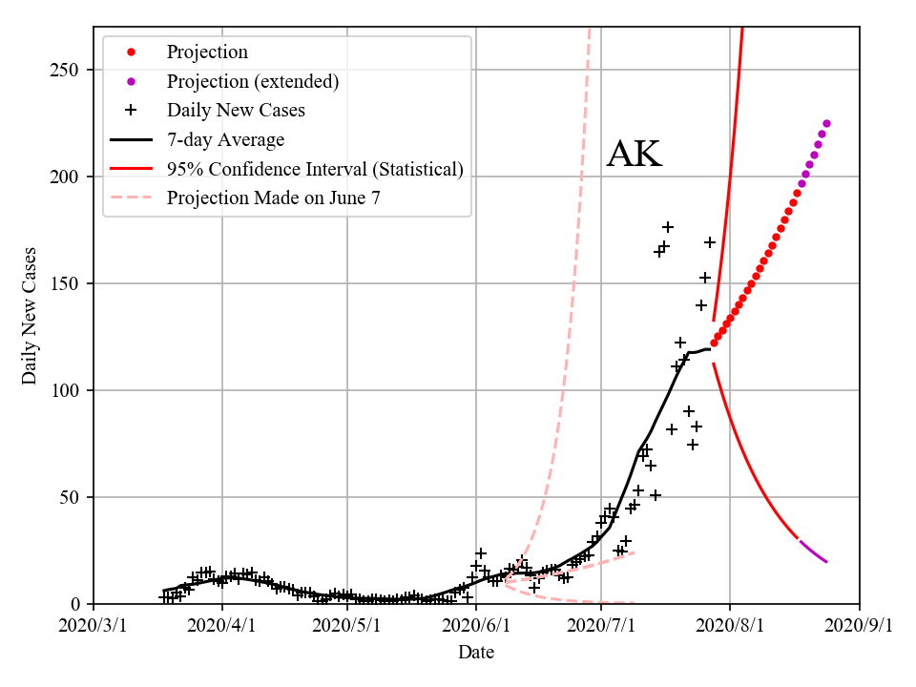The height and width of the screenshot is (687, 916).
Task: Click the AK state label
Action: click(634, 155)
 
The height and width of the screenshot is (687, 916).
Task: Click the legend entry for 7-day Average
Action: click(225, 140)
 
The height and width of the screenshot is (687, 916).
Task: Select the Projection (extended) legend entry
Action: click(252, 81)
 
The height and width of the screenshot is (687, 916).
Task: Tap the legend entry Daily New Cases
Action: click(236, 111)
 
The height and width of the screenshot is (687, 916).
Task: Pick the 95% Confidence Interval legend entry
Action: click(315, 169)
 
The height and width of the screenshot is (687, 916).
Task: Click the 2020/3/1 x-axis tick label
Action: click(94, 626)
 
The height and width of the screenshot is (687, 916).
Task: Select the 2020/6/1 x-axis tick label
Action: click(475, 626)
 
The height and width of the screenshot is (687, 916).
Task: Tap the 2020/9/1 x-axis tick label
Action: click(860, 626)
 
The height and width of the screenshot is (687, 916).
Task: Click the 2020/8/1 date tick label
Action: click(730, 626)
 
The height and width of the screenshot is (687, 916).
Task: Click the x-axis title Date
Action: click(475, 653)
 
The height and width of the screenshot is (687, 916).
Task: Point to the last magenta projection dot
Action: click(826, 123)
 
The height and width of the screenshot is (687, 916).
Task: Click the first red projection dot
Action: click(714, 343)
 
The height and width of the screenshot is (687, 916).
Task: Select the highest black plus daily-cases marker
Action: click(668, 227)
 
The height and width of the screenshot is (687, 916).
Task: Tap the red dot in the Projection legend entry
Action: click(133, 52)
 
